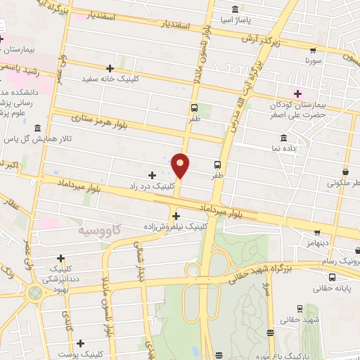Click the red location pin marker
point(181,165)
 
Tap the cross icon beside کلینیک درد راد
point(153,174)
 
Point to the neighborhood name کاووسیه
point(98,230)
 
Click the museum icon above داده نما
point(283,137)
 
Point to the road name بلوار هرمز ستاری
point(98,120)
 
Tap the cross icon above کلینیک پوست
point(82,343)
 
